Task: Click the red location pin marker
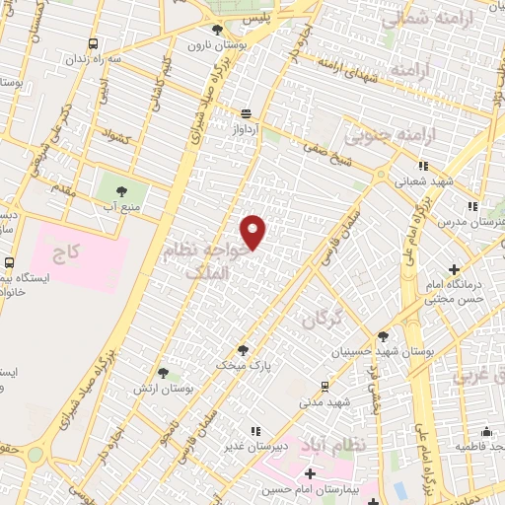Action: pyautogui.click(x=254, y=231)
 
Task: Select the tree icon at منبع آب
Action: pyautogui.click(x=123, y=190)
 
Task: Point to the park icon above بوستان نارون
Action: pyautogui.click(x=217, y=30)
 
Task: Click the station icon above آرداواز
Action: pyautogui.click(x=246, y=113)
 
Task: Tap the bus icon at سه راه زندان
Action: pyautogui.click(x=93, y=43)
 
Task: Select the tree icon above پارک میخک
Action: pyautogui.click(x=243, y=349)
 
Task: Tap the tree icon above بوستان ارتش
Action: pyautogui.click(x=163, y=374)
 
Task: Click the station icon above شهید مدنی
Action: pyautogui.click(x=325, y=387)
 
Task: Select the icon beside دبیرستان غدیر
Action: pyautogui.click(x=254, y=431)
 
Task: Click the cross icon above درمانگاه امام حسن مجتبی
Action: pyautogui.click(x=454, y=268)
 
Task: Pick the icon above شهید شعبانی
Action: pyautogui.click(x=422, y=166)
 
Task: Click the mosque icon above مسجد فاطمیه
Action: pyautogui.click(x=486, y=431)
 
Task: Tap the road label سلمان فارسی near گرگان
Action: pyautogui.click(x=339, y=240)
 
